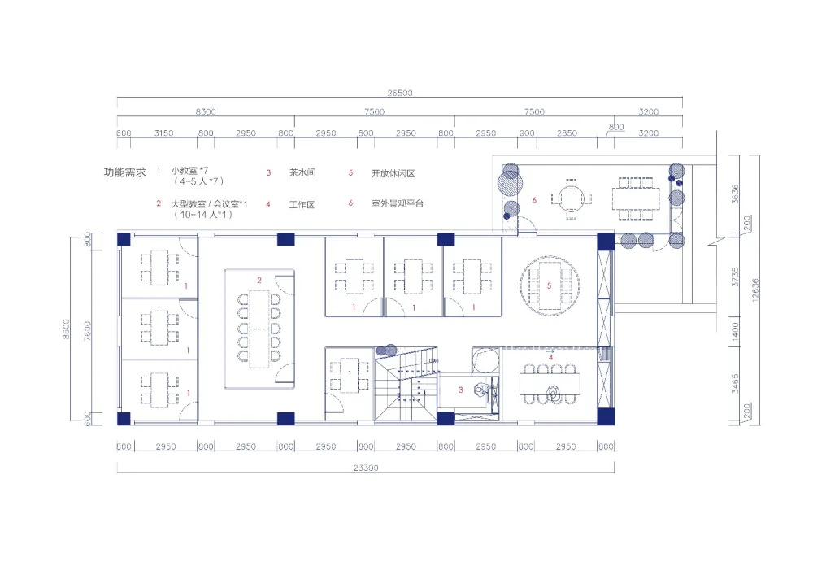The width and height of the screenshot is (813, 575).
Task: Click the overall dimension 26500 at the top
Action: point(400,93)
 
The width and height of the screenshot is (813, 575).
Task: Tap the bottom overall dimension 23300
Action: point(366,468)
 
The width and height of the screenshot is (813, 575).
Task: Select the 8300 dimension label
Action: point(206,111)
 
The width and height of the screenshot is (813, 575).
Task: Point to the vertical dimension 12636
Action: point(755,290)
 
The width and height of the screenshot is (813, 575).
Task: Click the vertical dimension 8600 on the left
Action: point(66,329)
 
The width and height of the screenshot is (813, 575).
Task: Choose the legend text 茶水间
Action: point(302,172)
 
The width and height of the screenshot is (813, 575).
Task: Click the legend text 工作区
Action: point(302,205)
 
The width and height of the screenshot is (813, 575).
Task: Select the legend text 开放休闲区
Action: point(393,173)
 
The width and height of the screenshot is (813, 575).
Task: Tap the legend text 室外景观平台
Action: point(398,204)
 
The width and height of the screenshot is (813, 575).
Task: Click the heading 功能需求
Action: point(125,172)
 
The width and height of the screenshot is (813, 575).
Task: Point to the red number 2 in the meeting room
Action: point(259,280)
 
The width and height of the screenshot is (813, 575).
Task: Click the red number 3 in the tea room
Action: point(460,390)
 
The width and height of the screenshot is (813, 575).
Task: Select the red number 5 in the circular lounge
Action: point(549,285)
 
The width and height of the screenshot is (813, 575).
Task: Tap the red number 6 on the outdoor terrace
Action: point(534,200)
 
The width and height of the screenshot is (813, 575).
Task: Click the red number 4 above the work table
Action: point(550,357)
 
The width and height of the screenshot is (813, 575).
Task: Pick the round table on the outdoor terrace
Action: point(571,198)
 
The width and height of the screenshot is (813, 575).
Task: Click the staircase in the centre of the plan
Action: point(406,384)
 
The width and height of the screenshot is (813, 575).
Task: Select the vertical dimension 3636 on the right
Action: point(735,194)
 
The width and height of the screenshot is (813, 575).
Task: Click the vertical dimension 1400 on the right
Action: point(735,331)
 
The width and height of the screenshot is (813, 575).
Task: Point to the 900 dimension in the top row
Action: point(527,133)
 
